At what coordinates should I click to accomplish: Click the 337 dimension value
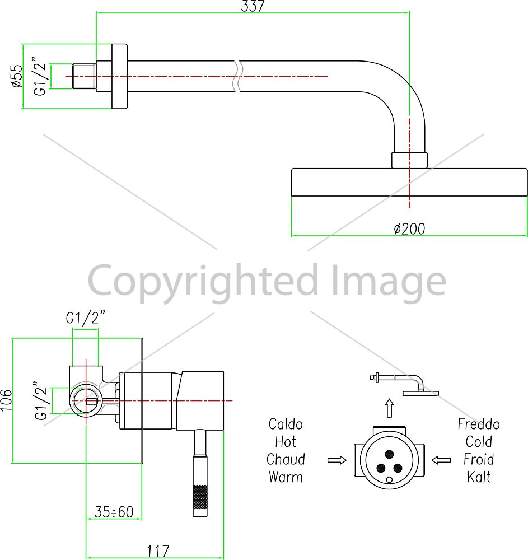click(253, 6)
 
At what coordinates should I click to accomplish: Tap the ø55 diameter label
click(17, 76)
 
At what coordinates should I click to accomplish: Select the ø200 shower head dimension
click(409, 229)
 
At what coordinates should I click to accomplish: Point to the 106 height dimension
click(6, 400)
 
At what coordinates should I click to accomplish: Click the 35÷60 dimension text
click(114, 512)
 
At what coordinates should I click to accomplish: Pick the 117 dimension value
click(158, 551)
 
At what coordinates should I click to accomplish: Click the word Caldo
click(286, 424)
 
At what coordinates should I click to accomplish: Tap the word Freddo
click(479, 424)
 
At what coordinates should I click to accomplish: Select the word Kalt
click(479, 477)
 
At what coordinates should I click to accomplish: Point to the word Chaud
click(286, 459)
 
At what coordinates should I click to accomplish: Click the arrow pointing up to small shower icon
click(389, 408)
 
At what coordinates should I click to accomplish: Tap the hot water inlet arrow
click(337, 460)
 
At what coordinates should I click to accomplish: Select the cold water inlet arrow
click(441, 460)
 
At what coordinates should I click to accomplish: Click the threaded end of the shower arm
click(84, 76)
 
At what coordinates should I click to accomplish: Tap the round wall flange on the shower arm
click(120, 76)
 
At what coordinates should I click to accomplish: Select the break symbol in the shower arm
click(238, 76)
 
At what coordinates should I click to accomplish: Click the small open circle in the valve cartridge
click(390, 480)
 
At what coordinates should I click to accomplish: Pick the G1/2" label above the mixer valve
click(86, 318)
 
